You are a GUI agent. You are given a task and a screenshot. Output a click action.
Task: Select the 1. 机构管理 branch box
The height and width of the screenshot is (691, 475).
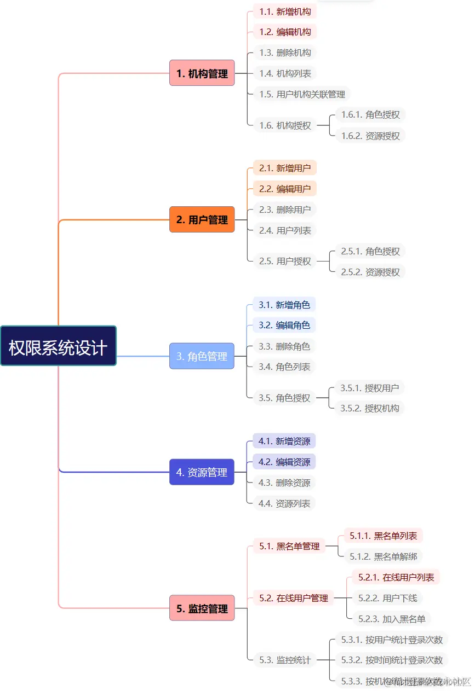pyautogui.click(x=202, y=73)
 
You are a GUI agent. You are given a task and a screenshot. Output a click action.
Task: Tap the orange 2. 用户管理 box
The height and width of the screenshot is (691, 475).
pyautogui.click(x=202, y=219)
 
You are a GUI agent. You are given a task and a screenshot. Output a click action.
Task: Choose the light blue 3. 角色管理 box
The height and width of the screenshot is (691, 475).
pyautogui.click(x=202, y=356)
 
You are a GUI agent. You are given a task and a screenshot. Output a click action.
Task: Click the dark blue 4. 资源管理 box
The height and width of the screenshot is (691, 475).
pyautogui.click(x=202, y=472)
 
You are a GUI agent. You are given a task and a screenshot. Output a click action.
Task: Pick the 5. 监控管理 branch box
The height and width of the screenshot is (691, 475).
pyautogui.click(x=202, y=608)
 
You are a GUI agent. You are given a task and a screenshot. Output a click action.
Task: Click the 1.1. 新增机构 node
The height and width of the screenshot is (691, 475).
pyautogui.click(x=285, y=11)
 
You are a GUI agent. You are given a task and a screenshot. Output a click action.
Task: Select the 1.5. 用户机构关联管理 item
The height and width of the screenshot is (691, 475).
pyautogui.click(x=302, y=94)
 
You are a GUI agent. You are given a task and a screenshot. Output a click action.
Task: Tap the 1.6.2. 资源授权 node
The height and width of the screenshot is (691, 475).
pyautogui.click(x=370, y=136)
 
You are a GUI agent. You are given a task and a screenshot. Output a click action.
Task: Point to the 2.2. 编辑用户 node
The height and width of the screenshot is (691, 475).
pyautogui.click(x=285, y=189)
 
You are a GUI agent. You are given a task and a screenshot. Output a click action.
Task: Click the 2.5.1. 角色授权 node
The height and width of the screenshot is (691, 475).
pyautogui.click(x=370, y=251)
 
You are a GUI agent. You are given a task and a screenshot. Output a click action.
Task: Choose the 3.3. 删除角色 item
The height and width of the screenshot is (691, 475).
pyautogui.click(x=284, y=346)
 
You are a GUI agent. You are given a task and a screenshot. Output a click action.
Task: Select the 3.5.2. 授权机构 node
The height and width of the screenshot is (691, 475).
pyautogui.click(x=369, y=408)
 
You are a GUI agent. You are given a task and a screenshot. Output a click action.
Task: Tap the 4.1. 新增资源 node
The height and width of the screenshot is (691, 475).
pyautogui.click(x=284, y=441)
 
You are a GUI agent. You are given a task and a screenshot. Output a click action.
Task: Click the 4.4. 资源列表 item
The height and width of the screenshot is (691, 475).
pyautogui.click(x=284, y=503)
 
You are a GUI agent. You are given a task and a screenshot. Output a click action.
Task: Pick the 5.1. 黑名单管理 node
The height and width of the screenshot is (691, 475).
pyautogui.click(x=289, y=546)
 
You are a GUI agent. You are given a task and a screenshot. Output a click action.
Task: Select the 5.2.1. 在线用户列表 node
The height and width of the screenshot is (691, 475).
pyautogui.click(x=396, y=577)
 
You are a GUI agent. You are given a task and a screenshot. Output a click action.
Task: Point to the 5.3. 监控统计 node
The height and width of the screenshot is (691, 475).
pyautogui.click(x=285, y=660)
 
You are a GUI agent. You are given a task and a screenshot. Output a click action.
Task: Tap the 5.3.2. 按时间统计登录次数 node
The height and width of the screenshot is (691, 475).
pyautogui.click(x=392, y=660)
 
